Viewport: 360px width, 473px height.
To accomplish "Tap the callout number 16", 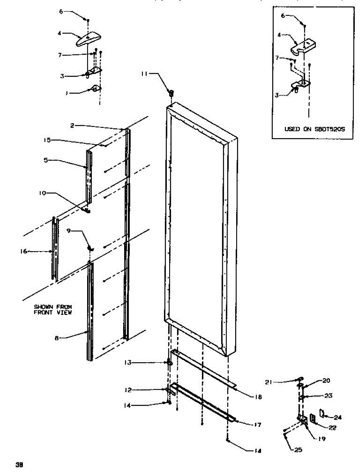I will (24, 251).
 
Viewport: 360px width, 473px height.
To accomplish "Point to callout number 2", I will (73, 125).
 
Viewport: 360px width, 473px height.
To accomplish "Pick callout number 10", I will (42, 193).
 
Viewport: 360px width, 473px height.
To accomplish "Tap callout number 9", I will (69, 231).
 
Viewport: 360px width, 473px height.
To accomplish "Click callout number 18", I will (258, 397).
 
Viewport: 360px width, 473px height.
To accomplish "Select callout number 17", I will (258, 425).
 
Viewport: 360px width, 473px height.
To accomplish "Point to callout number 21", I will (269, 382).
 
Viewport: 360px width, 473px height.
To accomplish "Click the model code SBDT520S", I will (328, 129).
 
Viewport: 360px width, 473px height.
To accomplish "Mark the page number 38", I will (18, 464).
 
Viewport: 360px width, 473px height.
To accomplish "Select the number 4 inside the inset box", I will (279, 35).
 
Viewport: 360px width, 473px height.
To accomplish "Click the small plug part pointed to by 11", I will (171, 93).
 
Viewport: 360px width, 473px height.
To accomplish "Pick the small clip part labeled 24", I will (322, 413).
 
